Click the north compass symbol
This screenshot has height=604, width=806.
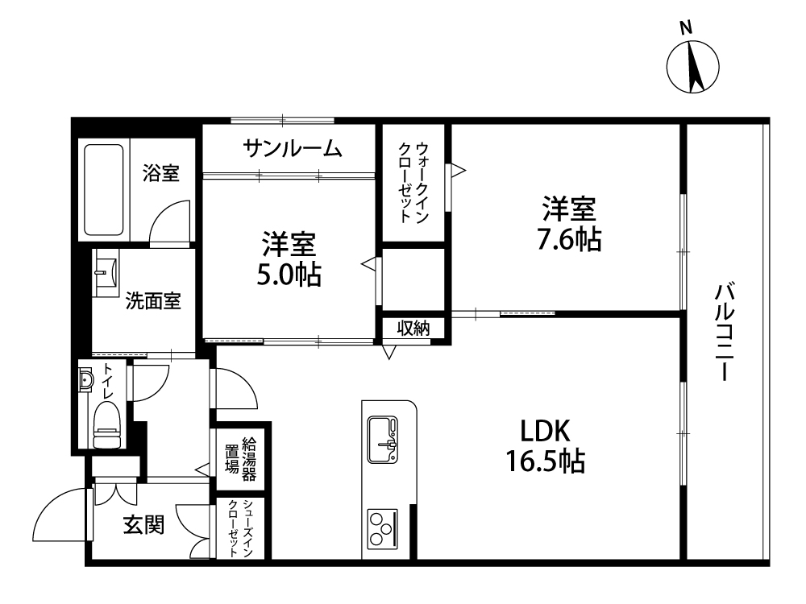[x=692, y=67]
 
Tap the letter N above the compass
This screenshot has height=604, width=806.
[x=686, y=27]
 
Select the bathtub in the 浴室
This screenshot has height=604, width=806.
[x=104, y=189]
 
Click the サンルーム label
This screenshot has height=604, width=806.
[x=292, y=148]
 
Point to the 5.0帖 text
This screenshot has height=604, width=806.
[x=289, y=275]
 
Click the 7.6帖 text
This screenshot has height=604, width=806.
[x=569, y=239]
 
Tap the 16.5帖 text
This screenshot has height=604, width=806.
[x=546, y=461]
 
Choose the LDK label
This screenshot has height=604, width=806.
[x=546, y=431]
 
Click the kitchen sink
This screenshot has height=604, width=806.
[x=383, y=439]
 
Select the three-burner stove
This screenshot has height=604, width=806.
[x=382, y=528]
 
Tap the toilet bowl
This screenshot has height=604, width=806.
[x=107, y=424]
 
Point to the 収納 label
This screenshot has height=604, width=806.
[x=413, y=328]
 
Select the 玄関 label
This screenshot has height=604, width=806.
[x=144, y=524]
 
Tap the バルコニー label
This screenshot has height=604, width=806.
[x=724, y=331]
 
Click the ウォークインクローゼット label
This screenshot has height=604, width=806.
[x=413, y=182]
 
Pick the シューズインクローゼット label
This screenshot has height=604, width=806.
[x=240, y=528]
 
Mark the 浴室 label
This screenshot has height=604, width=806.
[x=161, y=173]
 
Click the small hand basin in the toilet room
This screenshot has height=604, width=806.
[x=86, y=380]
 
